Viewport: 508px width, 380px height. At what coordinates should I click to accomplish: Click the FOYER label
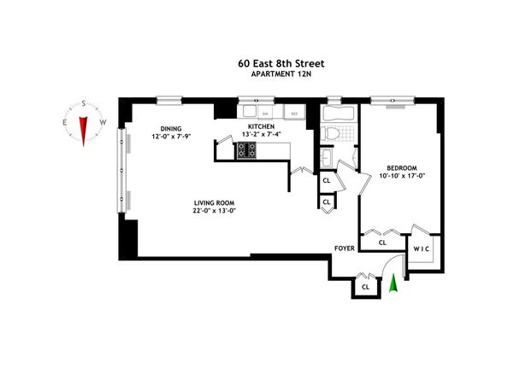click(x=345, y=251)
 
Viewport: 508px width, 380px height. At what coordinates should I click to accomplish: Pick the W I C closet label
click(x=422, y=248)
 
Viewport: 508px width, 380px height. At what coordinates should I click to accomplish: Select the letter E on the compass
click(x=65, y=122)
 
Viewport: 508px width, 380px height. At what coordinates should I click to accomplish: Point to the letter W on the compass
click(x=103, y=122)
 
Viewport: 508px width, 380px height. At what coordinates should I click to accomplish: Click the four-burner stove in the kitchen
click(x=246, y=150)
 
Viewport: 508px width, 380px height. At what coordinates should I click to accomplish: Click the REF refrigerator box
click(x=293, y=113)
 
